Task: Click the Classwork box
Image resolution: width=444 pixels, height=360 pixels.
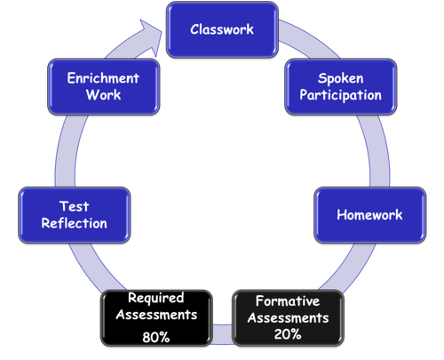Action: tap(222, 29)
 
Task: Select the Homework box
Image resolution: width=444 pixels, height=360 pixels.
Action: tap(370, 215)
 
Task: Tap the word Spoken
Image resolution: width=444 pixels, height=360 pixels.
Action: tap(341, 79)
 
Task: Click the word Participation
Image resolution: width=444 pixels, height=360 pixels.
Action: tap(341, 95)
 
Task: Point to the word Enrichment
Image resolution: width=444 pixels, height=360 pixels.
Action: tap(103, 78)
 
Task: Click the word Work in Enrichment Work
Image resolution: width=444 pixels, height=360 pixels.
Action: tap(104, 95)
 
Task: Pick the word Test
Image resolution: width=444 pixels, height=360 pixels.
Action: tap(75, 206)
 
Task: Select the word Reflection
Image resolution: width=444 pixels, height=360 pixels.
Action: tap(75, 223)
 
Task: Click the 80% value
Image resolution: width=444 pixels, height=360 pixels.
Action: tap(156, 337)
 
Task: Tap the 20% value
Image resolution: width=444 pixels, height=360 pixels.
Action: tap(288, 334)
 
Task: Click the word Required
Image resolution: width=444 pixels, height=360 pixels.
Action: tap(156, 298)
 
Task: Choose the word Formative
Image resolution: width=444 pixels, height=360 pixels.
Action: tap(288, 301)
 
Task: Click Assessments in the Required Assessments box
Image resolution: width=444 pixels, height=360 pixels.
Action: tap(156, 315)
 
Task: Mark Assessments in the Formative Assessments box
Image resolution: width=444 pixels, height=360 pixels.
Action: tap(289, 318)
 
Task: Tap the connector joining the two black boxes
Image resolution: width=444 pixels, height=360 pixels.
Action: tap(222, 334)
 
